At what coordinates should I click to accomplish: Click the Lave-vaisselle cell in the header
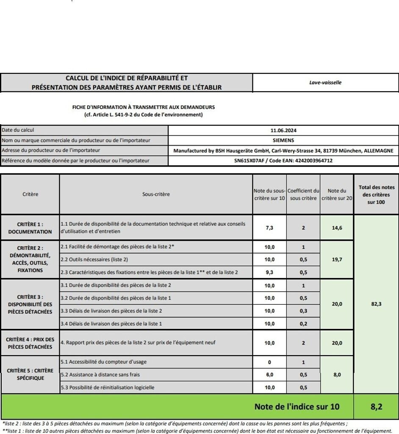[325, 83]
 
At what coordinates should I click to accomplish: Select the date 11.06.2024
[283, 131]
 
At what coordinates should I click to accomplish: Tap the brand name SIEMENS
[283, 140]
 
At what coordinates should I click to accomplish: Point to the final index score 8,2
[376, 407]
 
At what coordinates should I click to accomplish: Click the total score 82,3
[376, 304]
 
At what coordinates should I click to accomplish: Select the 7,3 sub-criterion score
[269, 228]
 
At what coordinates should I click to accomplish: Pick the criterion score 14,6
[337, 228]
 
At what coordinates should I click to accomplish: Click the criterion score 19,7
[337, 260]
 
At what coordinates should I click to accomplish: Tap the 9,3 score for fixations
[269, 273]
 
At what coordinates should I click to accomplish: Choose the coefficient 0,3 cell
[303, 311]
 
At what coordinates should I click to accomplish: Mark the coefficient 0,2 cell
[303, 324]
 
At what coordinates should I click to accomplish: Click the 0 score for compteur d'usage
[269, 362]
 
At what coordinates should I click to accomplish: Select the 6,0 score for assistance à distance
[269, 375]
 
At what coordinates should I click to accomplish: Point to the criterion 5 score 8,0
[337, 375]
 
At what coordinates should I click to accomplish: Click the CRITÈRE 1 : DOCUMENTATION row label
[30, 228]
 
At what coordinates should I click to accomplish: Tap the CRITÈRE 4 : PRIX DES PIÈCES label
[30, 343]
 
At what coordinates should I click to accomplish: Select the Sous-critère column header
[156, 195]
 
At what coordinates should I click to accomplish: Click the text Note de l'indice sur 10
[296, 407]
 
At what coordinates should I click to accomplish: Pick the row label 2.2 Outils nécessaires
[94, 260]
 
